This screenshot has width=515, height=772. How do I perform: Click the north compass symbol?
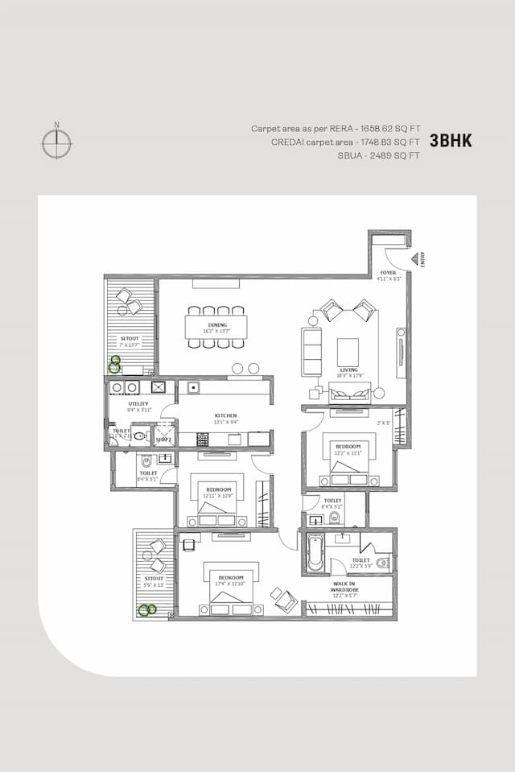(56, 143)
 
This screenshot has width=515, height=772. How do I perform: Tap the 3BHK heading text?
(451, 141)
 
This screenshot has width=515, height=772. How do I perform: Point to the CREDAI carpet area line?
(346, 142)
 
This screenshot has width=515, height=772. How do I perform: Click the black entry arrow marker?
(415, 258)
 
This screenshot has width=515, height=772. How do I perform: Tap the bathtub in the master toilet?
(312, 552)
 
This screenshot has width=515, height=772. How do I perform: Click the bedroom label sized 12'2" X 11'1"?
(349, 448)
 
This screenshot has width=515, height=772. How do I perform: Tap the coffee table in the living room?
(348, 351)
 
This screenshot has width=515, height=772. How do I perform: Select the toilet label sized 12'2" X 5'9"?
(360, 563)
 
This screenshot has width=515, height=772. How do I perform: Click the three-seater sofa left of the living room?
(311, 351)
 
